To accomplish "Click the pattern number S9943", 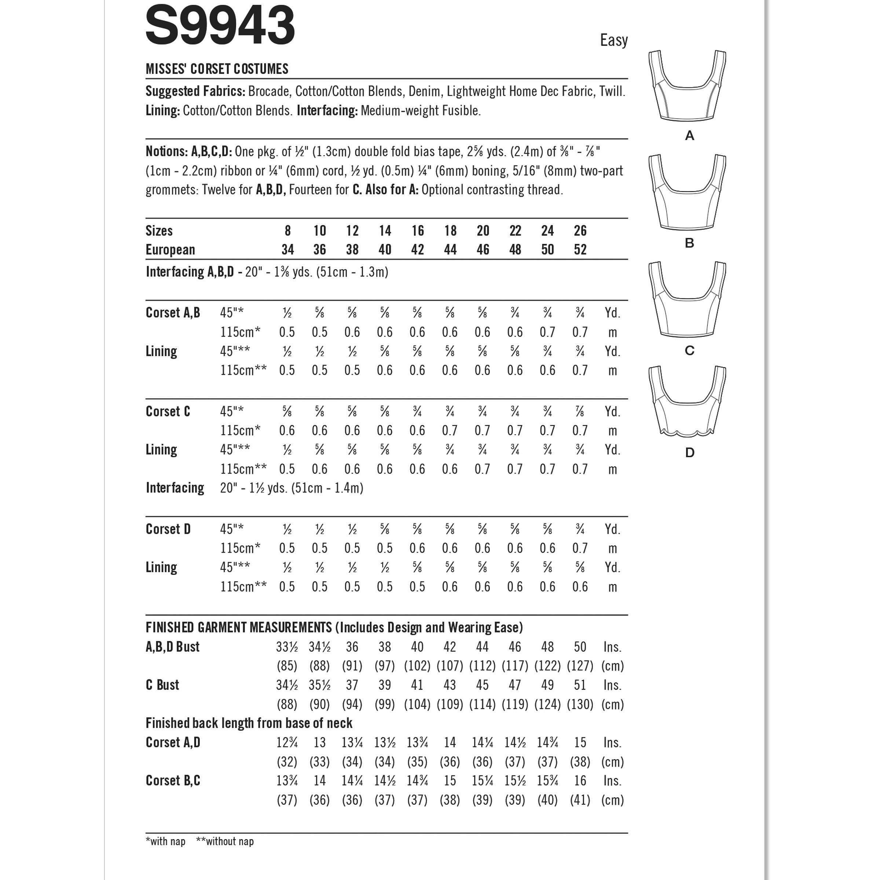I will click(220, 26).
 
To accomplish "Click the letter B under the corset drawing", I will click(689, 243).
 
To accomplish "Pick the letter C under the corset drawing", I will click(689, 350).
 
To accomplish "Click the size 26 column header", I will click(580, 231).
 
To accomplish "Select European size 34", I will click(287, 250).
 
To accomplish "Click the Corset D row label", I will click(168, 529).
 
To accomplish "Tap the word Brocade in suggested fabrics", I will click(268, 92).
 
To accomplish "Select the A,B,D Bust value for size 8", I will click(287, 647).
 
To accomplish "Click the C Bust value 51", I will click(580, 685).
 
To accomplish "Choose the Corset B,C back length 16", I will click(580, 781).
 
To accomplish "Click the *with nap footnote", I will click(165, 841).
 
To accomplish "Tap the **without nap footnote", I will click(224, 841).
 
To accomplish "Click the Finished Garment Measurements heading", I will click(334, 628).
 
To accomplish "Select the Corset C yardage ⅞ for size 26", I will click(580, 412).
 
